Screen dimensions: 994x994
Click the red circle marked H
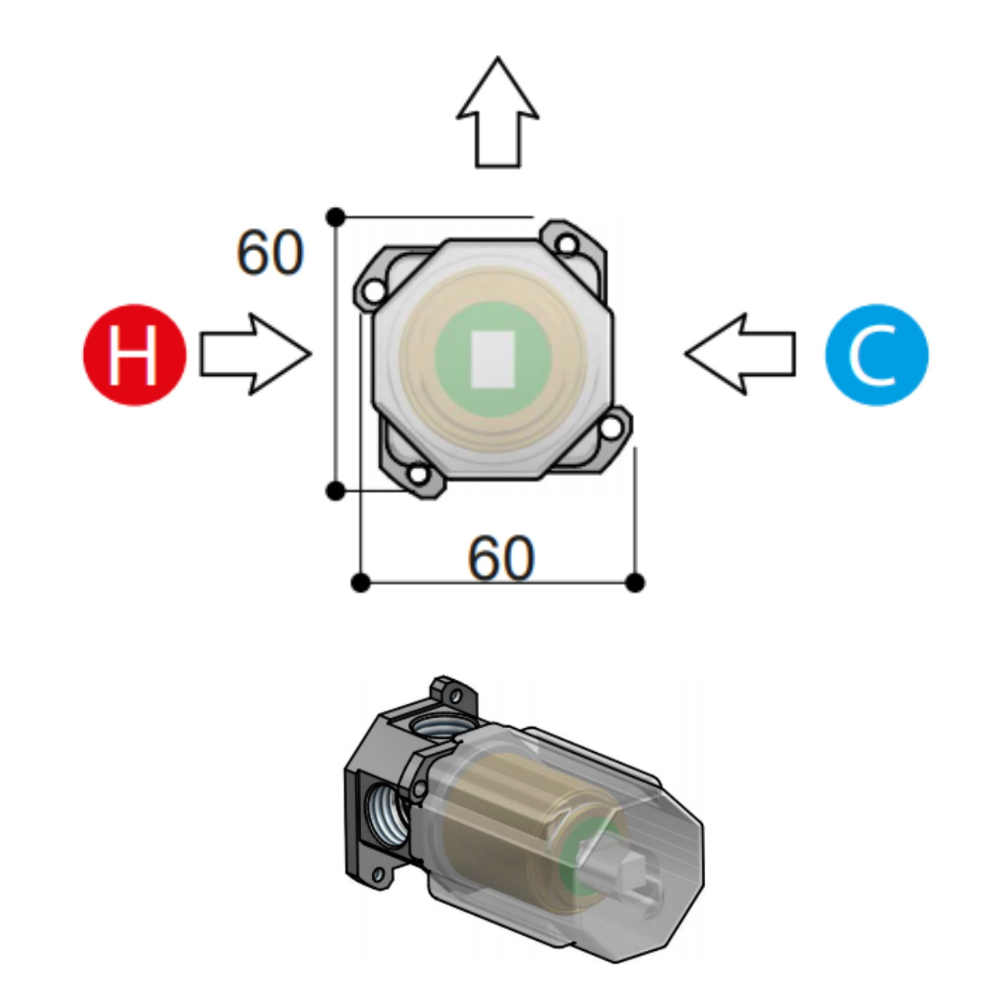tap(135, 355)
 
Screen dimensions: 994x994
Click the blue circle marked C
tap(877, 355)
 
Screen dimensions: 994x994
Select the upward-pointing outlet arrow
tap(497, 113)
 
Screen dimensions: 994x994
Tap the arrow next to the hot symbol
tap(256, 355)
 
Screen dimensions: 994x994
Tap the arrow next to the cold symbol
tap(740, 355)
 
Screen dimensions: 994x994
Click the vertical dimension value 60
tap(270, 252)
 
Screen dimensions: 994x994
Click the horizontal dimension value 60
tap(500, 559)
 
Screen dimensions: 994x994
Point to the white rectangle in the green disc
tap(492, 359)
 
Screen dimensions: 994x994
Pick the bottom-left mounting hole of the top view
tap(418, 474)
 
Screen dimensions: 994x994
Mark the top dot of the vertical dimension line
tap(336, 216)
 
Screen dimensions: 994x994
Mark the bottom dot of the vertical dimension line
tap(336, 491)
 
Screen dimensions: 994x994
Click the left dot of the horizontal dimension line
tap(360, 583)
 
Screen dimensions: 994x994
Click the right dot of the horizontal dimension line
tap(635, 583)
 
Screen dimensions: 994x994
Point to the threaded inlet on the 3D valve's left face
tap(386, 815)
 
